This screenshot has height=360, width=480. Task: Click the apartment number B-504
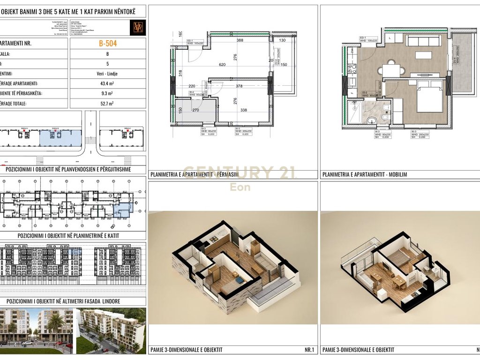pos(108,44)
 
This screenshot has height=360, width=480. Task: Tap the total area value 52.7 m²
pos(108,104)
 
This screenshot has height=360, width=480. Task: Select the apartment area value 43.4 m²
pos(108,83)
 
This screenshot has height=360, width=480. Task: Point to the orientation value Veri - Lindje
pos(108,74)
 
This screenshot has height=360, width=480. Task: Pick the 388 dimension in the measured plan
pos(240,41)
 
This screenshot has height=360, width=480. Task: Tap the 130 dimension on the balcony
pos(282,41)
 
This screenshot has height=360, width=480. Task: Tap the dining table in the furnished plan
pos(391,71)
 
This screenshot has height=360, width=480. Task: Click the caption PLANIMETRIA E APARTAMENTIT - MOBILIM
pos(365,174)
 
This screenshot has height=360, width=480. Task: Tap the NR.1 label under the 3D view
pos(308,350)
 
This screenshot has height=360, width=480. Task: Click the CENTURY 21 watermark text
pos(239,173)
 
